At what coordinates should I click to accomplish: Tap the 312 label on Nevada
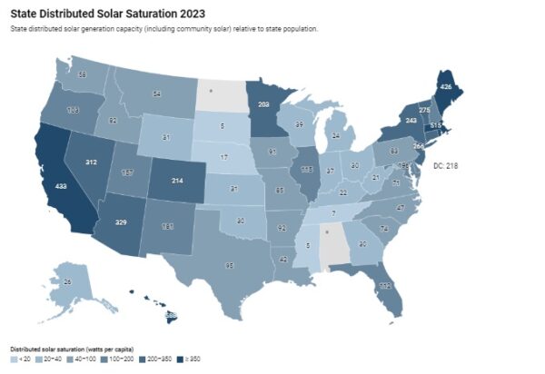click(92, 162)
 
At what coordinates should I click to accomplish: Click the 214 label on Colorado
click(177, 182)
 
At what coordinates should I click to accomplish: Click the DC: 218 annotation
click(446, 166)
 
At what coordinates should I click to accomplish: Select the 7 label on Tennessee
click(332, 212)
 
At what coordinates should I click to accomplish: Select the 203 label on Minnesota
click(263, 105)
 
